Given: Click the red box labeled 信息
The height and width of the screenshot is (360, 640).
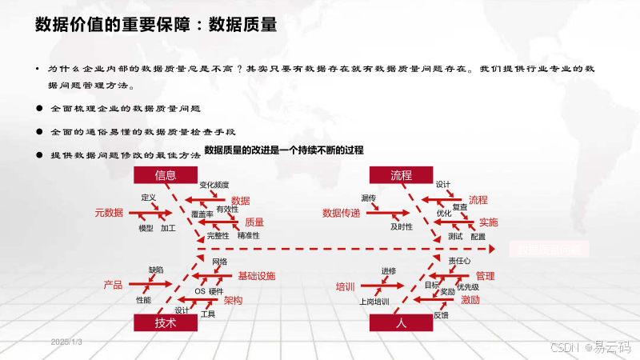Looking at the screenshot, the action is click(166, 175).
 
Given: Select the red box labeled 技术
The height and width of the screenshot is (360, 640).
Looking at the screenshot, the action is click(166, 322).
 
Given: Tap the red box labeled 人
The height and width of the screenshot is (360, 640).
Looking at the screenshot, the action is click(401, 322).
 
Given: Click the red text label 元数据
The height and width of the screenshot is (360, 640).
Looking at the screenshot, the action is click(109, 213).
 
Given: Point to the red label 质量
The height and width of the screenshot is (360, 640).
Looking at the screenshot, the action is click(254, 222).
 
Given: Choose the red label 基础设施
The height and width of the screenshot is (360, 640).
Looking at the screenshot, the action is click(256, 276).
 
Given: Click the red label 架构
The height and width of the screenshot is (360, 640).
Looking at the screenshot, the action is click(233, 301).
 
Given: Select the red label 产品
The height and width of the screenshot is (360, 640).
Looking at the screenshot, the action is click(113, 285).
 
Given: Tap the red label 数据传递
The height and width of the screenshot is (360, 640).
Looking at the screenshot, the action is click(341, 213).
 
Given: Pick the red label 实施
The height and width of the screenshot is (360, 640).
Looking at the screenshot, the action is click(488, 222).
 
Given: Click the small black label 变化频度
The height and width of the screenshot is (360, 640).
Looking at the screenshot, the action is click(214, 185).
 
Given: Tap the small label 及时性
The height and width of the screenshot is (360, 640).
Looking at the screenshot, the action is click(402, 227).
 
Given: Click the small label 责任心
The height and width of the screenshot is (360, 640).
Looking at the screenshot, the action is click(459, 261).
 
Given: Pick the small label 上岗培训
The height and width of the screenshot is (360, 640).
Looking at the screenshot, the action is click(374, 302).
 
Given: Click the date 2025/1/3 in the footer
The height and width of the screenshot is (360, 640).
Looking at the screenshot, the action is click(66, 342).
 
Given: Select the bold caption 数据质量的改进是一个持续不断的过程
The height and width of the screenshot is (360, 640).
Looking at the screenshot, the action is click(284, 150).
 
